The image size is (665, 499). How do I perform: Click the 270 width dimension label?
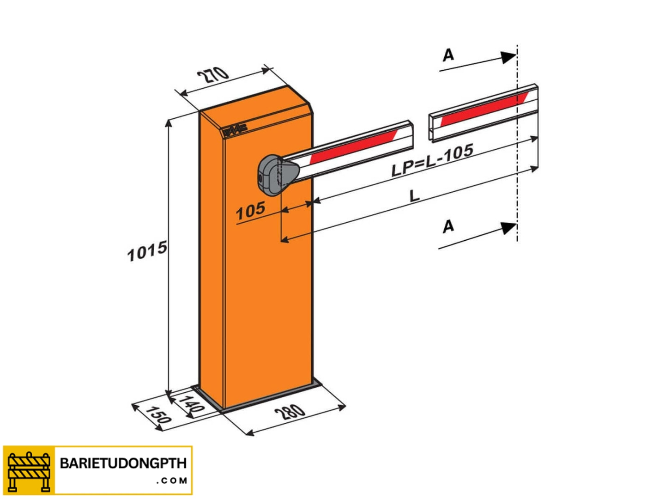click(213, 74)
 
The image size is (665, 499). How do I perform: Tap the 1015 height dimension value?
click(147, 251)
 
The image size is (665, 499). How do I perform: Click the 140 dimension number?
click(191, 404)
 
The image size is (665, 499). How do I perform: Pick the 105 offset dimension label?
click(250, 211)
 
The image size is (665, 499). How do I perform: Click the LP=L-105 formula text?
click(432, 160)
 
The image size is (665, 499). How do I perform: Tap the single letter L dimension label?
click(415, 195)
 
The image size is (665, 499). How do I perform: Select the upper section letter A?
click(448, 55)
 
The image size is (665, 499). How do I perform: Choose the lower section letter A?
click(448, 226)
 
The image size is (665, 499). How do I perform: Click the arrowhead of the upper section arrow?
click(509, 57)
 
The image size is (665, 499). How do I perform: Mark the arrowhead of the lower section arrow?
click(509, 228)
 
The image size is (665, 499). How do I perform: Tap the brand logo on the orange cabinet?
click(235, 130)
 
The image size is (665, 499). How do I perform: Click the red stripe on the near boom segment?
click(353, 146)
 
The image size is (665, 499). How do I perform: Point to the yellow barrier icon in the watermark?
click(29, 470)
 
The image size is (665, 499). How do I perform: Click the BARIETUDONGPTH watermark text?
click(123, 463)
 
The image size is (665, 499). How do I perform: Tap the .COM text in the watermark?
click(171, 481)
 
